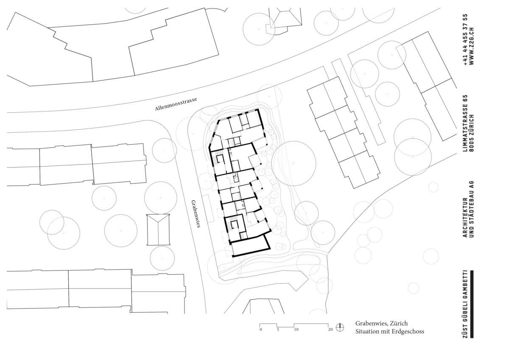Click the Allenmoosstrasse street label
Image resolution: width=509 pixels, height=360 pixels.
coord(176,104)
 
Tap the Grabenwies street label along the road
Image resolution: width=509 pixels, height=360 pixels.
coord(196,214)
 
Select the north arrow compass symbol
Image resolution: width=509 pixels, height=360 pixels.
coord(340,327)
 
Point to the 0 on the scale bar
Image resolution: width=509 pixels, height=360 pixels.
coord(260,329)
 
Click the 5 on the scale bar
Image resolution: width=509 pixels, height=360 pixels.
coord(278,329)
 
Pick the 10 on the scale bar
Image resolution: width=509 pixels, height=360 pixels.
coord(296,329)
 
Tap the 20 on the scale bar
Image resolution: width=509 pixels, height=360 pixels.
coord(330,329)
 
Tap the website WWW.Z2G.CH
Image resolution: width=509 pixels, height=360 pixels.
coord(472,46)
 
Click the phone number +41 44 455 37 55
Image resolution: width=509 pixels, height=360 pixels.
coord(465,40)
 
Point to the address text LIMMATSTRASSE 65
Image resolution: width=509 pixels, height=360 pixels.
coord(465,123)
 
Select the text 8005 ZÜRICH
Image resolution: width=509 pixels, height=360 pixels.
coord(472,133)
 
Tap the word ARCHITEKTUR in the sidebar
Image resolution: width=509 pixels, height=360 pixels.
coord(465,218)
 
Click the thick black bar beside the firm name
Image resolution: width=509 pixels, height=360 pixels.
coord(472,304)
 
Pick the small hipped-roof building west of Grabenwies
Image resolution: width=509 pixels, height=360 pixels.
coord(158,229)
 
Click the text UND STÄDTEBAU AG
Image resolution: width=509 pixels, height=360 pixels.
coord(472,209)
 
